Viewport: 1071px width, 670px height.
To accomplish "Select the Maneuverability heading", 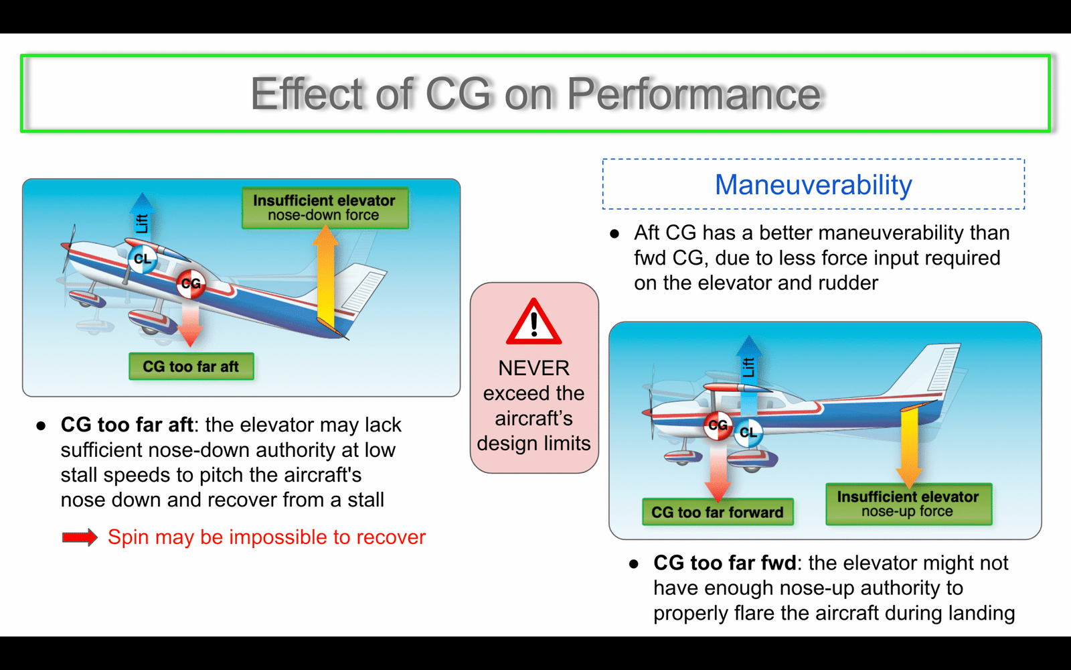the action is click(813, 184).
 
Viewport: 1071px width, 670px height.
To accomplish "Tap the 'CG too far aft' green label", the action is click(191, 366).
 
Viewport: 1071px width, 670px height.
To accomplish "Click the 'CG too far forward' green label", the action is click(717, 512).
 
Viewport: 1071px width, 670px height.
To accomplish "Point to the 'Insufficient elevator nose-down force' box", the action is click(325, 208).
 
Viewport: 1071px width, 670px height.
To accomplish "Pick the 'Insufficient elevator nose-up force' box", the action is click(908, 504).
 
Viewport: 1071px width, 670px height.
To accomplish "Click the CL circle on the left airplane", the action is click(142, 259).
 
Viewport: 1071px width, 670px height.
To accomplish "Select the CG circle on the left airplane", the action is click(191, 284).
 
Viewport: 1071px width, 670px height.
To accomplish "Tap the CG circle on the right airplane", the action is click(718, 425).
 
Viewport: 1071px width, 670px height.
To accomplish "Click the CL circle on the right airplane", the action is click(748, 433).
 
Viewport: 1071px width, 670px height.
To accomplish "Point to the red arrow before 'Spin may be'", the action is click(80, 537).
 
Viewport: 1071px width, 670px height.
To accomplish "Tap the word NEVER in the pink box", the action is click(533, 368).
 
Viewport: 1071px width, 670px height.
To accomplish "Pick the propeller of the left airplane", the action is click(68, 249).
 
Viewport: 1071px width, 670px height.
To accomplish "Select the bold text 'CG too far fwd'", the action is click(724, 563).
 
